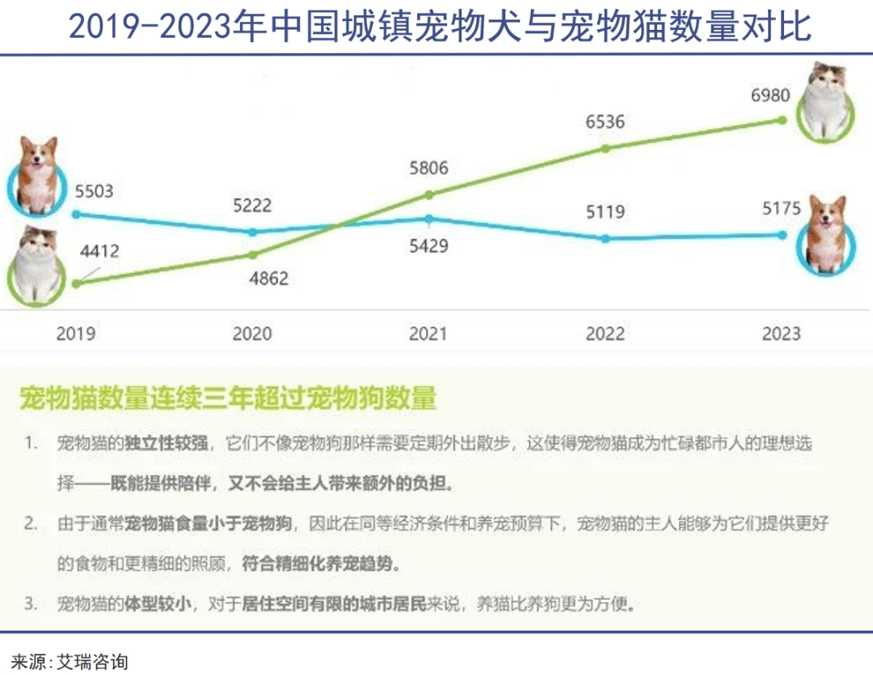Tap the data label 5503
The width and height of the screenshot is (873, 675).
click(x=95, y=192)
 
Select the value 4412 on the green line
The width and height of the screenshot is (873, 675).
click(x=99, y=251)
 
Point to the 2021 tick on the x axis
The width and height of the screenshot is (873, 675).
click(x=428, y=333)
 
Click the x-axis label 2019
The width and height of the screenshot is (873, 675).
click(x=76, y=333)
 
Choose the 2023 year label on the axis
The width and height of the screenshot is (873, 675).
click(x=781, y=333)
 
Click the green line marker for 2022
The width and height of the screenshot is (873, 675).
click(x=605, y=149)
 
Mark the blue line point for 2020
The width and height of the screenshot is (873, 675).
click(x=252, y=232)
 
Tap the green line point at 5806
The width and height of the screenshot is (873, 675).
click(x=429, y=195)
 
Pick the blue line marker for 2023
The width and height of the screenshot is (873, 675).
click(x=782, y=235)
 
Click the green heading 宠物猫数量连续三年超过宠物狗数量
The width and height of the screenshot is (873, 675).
click(x=227, y=398)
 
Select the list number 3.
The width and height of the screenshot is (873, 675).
click(x=30, y=604)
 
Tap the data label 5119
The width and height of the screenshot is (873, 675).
click(x=605, y=213)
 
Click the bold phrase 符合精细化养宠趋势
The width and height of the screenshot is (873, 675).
click(x=321, y=564)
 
